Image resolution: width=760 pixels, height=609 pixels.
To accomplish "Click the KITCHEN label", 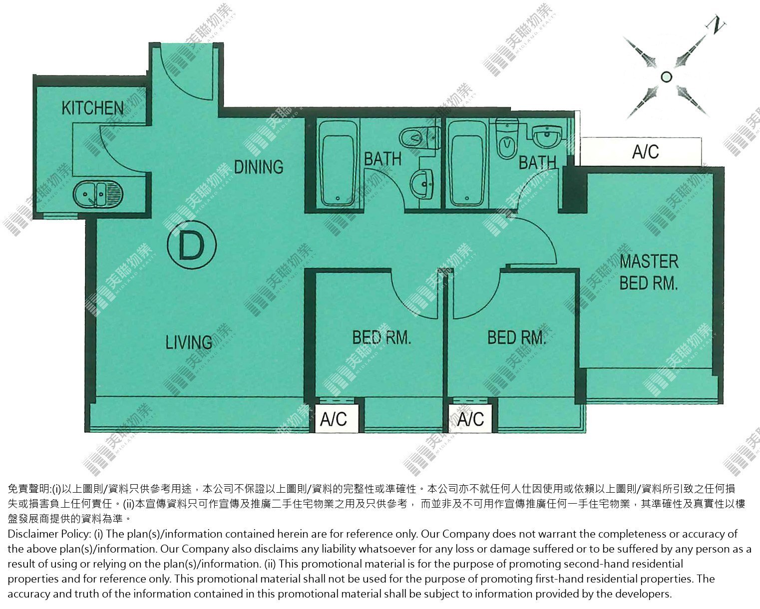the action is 92,108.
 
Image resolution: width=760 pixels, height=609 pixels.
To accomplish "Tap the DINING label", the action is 259,167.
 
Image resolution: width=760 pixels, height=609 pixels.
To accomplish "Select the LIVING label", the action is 189,342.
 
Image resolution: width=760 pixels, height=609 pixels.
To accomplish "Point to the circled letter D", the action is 192,246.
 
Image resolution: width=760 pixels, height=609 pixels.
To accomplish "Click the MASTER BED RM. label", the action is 649,273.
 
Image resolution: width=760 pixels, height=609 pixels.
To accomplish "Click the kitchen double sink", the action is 98,194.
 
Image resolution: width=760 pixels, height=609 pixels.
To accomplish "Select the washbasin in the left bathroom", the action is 422,183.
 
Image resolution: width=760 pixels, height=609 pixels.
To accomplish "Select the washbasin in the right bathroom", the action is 546,136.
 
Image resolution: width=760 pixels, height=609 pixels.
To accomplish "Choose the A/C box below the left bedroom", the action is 334,419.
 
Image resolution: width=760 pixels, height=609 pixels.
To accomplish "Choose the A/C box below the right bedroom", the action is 471,419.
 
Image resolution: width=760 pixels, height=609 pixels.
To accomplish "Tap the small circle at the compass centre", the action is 666,77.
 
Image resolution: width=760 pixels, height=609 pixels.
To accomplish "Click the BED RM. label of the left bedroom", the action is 382,337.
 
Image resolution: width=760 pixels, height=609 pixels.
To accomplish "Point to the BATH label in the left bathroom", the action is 383,159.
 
